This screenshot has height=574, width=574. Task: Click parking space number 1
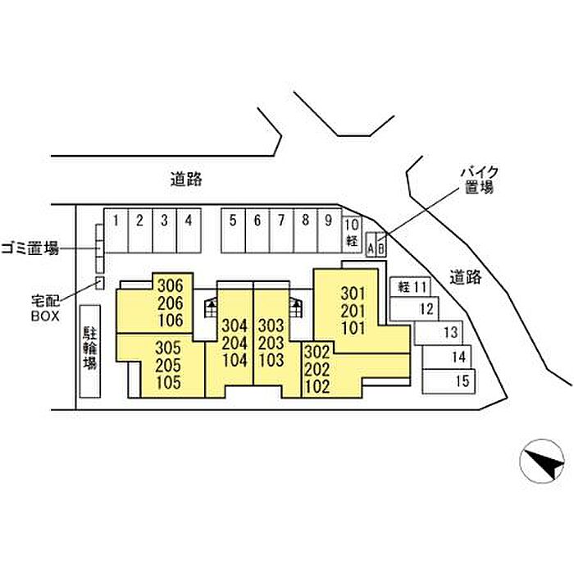coord(116,230)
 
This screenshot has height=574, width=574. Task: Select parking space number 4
coord(189,230)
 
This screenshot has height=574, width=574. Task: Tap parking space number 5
coord(233,230)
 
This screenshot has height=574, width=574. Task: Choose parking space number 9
coord(328,230)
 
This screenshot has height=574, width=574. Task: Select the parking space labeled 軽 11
coord(410,287)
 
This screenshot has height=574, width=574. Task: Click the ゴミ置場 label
coord(30,248)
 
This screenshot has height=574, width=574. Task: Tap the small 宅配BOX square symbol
coord(100,283)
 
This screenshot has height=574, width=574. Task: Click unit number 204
coord(234,343)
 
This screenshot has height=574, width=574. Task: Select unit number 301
coord(352,293)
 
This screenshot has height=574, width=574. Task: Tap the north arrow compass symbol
coord(542,462)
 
